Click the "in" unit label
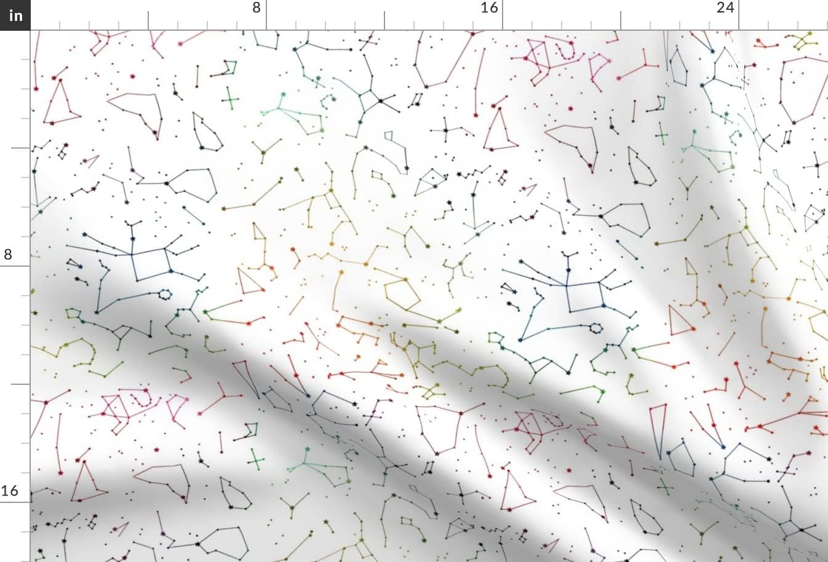[x=15, y=15]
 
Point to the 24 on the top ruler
[x=725, y=8]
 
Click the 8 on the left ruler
[x=8, y=255]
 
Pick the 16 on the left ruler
[x=9, y=491]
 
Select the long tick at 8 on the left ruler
[x=21, y=266]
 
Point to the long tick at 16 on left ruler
[x=21, y=502]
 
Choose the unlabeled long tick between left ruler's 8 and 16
[x=21, y=384]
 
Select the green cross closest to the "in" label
[x=231, y=98]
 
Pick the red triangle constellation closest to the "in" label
[x=61, y=103]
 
